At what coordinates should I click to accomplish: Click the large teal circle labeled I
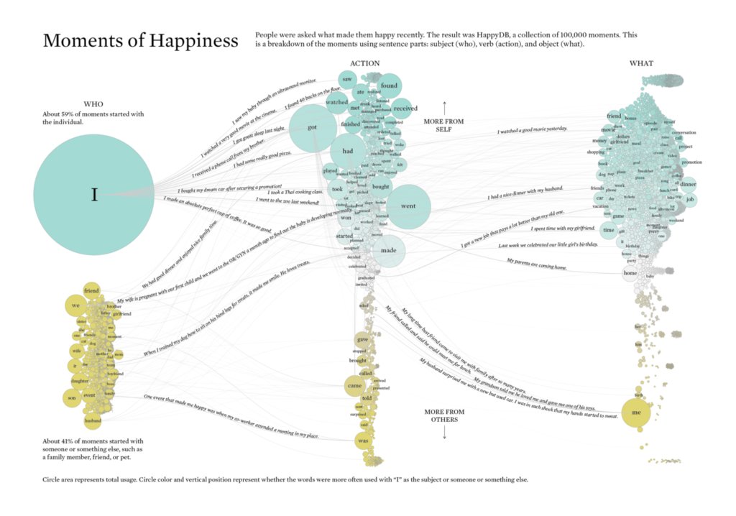click(x=93, y=195)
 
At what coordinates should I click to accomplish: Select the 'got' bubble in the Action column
click(x=312, y=128)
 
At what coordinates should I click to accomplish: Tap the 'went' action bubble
click(x=408, y=206)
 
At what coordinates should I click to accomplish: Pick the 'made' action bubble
click(x=389, y=250)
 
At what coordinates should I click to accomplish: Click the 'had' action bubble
click(x=348, y=151)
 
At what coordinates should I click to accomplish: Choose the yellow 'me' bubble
click(x=635, y=413)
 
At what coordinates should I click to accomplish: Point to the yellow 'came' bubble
click(x=355, y=386)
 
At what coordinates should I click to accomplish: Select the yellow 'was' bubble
click(x=363, y=440)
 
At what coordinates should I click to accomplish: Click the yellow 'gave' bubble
click(x=364, y=339)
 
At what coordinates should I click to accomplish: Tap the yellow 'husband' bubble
click(x=93, y=420)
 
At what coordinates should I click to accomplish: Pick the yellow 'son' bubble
click(x=71, y=397)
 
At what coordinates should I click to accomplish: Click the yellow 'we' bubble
click(x=75, y=305)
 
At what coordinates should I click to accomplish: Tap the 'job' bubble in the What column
click(x=691, y=199)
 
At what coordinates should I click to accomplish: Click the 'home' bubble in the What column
click(x=630, y=273)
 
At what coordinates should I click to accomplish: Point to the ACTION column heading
click(x=364, y=63)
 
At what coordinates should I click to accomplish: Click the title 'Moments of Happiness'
click(x=140, y=41)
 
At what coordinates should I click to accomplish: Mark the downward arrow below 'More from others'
click(x=444, y=433)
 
